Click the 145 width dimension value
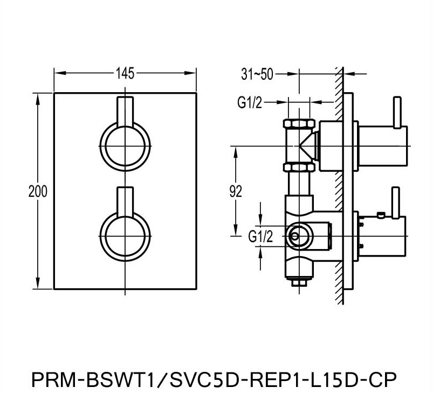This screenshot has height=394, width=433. pyautogui.click(x=125, y=74)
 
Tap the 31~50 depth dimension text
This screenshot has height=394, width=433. pyautogui.click(x=257, y=74)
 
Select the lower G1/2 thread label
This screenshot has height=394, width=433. pyautogui.click(x=260, y=236)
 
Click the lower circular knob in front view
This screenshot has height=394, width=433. pyautogui.click(x=125, y=235)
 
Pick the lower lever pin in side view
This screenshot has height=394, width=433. pyautogui.click(x=397, y=202)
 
